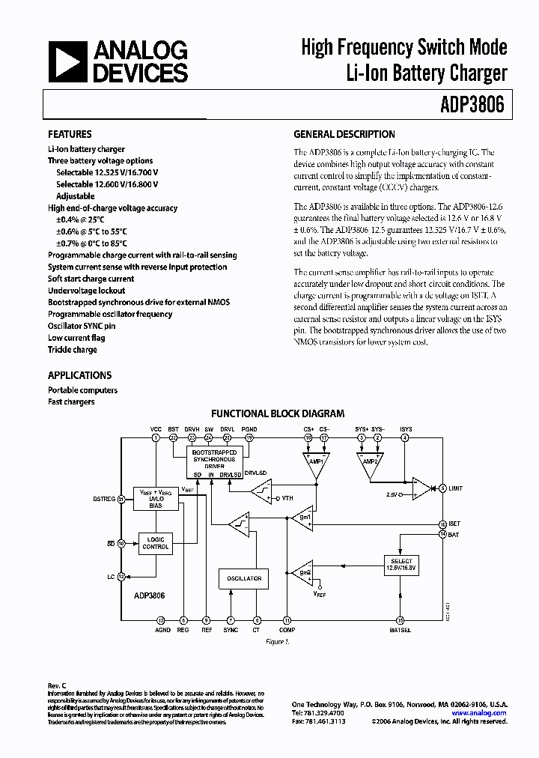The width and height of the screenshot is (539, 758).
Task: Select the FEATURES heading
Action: coord(70,134)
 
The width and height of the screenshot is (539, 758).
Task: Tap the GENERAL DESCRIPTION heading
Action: coord(344,134)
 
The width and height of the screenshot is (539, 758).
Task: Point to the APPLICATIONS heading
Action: coord(79,375)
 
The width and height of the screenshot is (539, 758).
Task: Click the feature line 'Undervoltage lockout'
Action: coord(86,291)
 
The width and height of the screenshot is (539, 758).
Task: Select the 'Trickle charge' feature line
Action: coord(73,350)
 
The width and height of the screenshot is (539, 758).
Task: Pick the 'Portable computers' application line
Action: coord(82,390)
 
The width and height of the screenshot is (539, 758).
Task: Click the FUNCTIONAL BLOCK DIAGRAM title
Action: coord(278,413)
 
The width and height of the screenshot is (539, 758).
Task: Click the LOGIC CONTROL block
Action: coord(156,542)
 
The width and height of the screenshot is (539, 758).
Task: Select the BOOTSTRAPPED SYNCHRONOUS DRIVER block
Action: coord(214,461)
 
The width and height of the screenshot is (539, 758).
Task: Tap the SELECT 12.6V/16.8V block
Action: coord(401,564)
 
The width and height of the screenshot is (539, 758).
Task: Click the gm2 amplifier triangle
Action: coord(303,574)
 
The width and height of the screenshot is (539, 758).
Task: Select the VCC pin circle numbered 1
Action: coord(156,437)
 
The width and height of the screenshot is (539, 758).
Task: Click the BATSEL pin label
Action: coord(400,631)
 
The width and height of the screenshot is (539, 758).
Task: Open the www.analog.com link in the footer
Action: coord(478,713)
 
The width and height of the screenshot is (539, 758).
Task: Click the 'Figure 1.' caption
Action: coord(277,642)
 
